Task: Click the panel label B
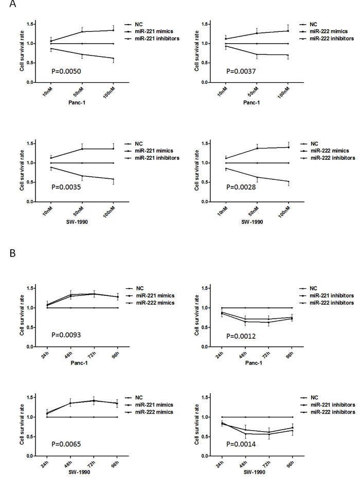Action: [x=5, y=253]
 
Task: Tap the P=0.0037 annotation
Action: [x=232, y=70]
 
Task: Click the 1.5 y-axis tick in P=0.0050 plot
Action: [x=31, y=24]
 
